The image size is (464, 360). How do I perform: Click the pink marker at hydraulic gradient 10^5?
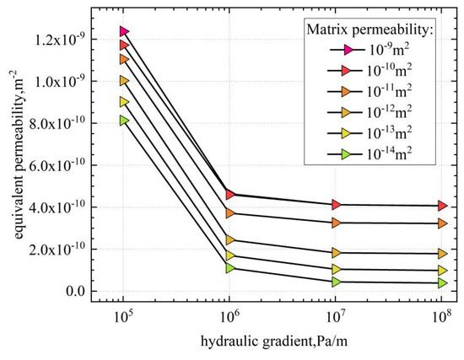(124, 31)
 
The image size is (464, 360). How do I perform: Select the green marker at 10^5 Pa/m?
(124, 121)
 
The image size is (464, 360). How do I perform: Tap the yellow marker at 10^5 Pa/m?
(124, 101)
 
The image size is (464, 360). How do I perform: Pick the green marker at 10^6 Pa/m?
(230, 268)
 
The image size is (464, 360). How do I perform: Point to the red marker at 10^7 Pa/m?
(337, 205)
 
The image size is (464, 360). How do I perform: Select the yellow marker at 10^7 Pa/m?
(337, 270)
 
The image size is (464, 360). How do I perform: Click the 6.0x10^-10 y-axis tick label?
(69, 165)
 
